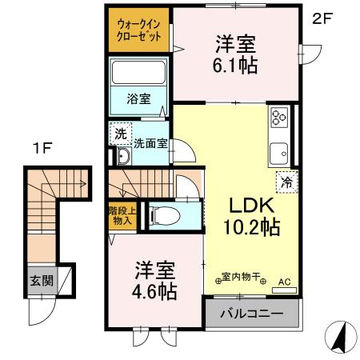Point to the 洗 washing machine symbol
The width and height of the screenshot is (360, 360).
118,134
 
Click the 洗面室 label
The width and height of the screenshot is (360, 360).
149,145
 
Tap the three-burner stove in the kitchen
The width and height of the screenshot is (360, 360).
279,118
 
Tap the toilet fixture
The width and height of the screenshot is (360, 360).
160,214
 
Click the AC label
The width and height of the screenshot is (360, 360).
285,282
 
